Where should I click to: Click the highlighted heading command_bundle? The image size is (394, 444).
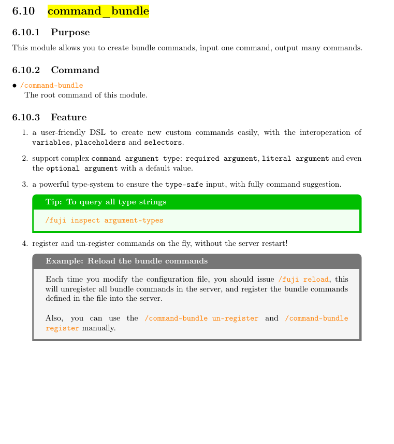pos(98,11)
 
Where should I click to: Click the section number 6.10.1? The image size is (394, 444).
pos(26,33)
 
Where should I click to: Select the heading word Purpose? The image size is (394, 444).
pos(70,33)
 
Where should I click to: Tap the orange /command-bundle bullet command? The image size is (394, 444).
pos(51,86)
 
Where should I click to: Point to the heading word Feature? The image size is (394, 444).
pos(68,117)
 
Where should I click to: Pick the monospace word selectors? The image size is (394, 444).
pos(163,143)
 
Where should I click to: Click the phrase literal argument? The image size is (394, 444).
pos(295,159)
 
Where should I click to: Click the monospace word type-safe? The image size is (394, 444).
pos(184,185)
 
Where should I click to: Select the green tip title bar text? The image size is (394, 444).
pos(106,202)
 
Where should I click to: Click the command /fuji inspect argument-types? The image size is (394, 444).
pos(104,220)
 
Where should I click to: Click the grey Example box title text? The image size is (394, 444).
pos(126,261)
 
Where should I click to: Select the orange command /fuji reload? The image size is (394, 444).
pos(303,280)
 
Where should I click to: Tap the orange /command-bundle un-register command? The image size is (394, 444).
pos(201,318)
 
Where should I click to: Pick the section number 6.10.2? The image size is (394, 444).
pos(26,71)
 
